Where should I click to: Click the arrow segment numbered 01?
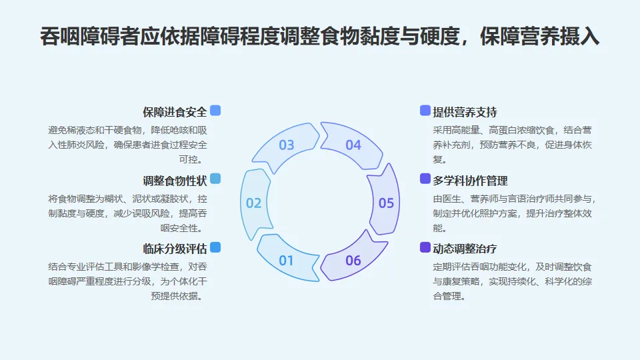click(287, 259)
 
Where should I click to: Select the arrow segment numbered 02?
click(254, 203)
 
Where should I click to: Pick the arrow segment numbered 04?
click(353, 145)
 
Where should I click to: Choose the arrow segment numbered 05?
click(386, 203)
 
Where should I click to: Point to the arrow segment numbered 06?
click(353, 260)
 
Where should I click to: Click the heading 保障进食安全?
click(175, 112)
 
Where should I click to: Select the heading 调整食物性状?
click(175, 180)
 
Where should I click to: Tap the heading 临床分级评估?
click(175, 249)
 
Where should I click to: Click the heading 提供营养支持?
click(465, 112)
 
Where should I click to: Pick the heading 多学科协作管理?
click(470, 180)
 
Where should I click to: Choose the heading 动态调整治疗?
click(465, 249)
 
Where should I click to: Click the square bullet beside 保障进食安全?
click(215, 111)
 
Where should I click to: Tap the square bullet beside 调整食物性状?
click(215, 179)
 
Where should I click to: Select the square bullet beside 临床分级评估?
click(215, 247)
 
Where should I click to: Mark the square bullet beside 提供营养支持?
click(425, 111)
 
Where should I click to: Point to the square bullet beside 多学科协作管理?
click(425, 179)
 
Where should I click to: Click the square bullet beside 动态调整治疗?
click(425, 247)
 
